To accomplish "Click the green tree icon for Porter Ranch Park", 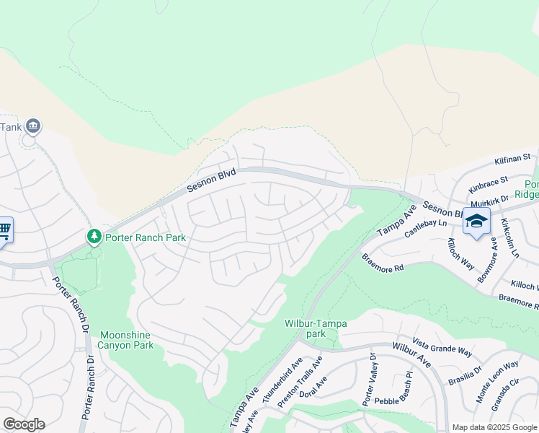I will [94, 236].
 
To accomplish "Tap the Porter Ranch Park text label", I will [146, 237].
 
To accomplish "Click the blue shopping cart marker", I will [4, 230].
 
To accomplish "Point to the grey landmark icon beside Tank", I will [33, 126].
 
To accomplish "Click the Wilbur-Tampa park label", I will [315, 328].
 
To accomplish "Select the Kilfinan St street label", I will [512, 159].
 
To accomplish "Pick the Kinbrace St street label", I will [488, 184].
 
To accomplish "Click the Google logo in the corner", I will [24, 424].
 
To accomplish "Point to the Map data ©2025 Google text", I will [494, 427].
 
